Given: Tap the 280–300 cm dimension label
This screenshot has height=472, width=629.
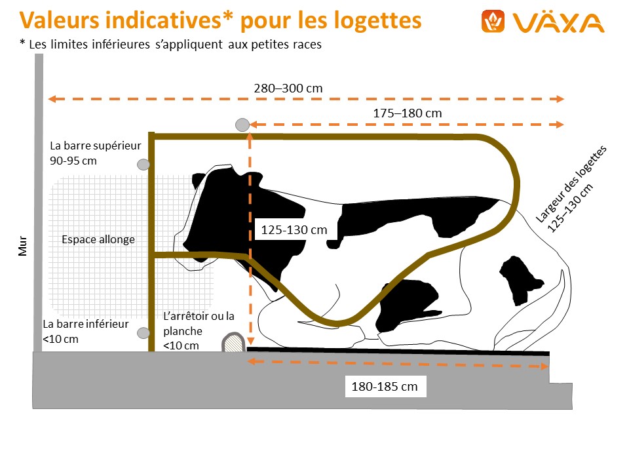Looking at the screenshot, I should (288, 88).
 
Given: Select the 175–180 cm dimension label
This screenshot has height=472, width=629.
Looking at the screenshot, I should (408, 113).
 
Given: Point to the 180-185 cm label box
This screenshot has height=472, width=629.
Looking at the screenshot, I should (385, 386).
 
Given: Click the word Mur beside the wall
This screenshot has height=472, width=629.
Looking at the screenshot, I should (22, 245).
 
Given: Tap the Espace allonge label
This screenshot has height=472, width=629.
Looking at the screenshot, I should (98, 239).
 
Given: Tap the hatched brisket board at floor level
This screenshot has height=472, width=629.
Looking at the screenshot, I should (232, 342).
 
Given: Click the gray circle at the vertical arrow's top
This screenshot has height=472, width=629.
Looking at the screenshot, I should (242, 125).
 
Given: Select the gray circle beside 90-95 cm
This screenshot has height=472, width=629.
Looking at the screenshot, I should (143, 165).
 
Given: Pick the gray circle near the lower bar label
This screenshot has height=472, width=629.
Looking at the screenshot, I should (143, 333).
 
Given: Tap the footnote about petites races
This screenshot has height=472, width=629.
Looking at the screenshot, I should (170, 45).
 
